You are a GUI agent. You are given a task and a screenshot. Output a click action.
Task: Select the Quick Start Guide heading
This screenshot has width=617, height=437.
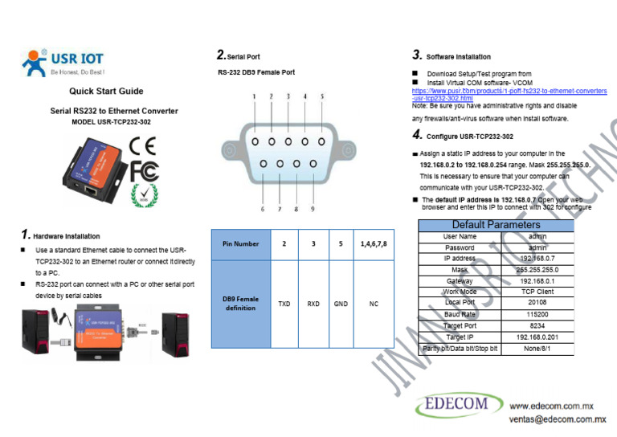click(106, 92)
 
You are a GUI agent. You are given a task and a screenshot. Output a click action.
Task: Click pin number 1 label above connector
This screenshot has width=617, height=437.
click(255, 96)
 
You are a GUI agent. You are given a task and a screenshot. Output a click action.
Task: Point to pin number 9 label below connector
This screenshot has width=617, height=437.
click(312, 209)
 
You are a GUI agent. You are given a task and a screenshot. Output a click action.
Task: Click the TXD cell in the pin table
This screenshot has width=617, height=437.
click(284, 304)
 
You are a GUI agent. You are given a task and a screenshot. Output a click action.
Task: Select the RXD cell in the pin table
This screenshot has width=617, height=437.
click(313, 304)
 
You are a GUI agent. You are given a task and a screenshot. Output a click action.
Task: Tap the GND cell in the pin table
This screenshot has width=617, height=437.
click(341, 304)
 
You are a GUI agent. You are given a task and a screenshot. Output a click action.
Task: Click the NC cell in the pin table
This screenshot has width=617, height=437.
click(374, 304)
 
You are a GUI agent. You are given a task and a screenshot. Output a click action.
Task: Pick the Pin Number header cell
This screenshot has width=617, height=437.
click(241, 243)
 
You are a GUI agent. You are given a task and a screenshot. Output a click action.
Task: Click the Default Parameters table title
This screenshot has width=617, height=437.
click(496, 225)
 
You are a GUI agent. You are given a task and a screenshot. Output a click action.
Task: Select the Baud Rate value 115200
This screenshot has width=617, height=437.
click(538, 315)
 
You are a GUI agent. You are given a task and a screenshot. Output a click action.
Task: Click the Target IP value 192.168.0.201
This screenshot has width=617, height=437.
click(538, 337)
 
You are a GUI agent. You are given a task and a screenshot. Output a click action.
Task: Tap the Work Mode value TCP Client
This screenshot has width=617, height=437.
click(538, 292)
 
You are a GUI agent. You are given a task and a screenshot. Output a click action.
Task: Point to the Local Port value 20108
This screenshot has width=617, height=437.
click(538, 304)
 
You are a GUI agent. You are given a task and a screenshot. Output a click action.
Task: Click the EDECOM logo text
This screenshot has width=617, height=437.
click(457, 405)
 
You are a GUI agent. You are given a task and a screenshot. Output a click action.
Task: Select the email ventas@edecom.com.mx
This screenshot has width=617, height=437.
click(557, 419)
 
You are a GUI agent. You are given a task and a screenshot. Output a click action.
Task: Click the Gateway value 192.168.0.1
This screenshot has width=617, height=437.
click(538, 281)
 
